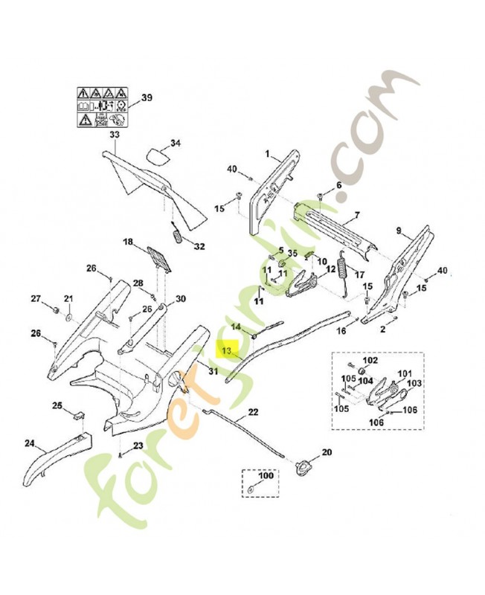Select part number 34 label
pos(175,143)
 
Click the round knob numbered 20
pos(304,467)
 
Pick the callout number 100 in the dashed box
pos(266,475)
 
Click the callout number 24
pos(29,444)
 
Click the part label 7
pos(356,216)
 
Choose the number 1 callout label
pos(266,153)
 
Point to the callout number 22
pos(253,411)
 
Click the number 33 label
pos(114,135)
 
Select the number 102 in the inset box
pos(370,361)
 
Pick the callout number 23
pos(138,446)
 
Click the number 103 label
pos(414,383)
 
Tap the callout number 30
pos(180,300)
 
